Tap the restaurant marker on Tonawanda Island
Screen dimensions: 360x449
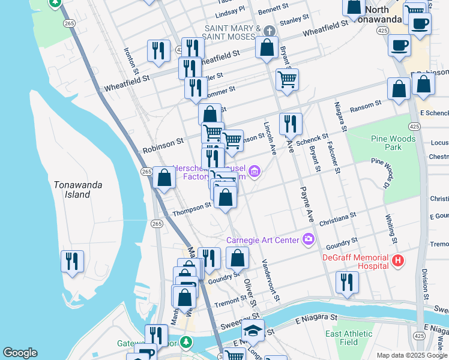pyautogui.click(x=72, y=262)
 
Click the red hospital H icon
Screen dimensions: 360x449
pyautogui.click(x=398, y=260)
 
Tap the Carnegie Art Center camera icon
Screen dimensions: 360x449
pyautogui.click(x=309, y=239)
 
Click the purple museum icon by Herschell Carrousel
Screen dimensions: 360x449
pyautogui.click(x=255, y=173)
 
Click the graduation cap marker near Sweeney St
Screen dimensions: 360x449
pyautogui.click(x=253, y=330)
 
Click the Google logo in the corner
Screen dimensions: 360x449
pyautogui.click(x=20, y=353)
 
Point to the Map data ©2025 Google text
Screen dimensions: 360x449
pyautogui.click(x=412, y=355)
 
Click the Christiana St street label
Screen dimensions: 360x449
pyautogui.click(x=338, y=218)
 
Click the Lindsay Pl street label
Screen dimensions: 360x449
pyautogui.click(x=230, y=11)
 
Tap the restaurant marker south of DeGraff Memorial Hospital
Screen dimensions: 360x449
pyautogui.click(x=347, y=283)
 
